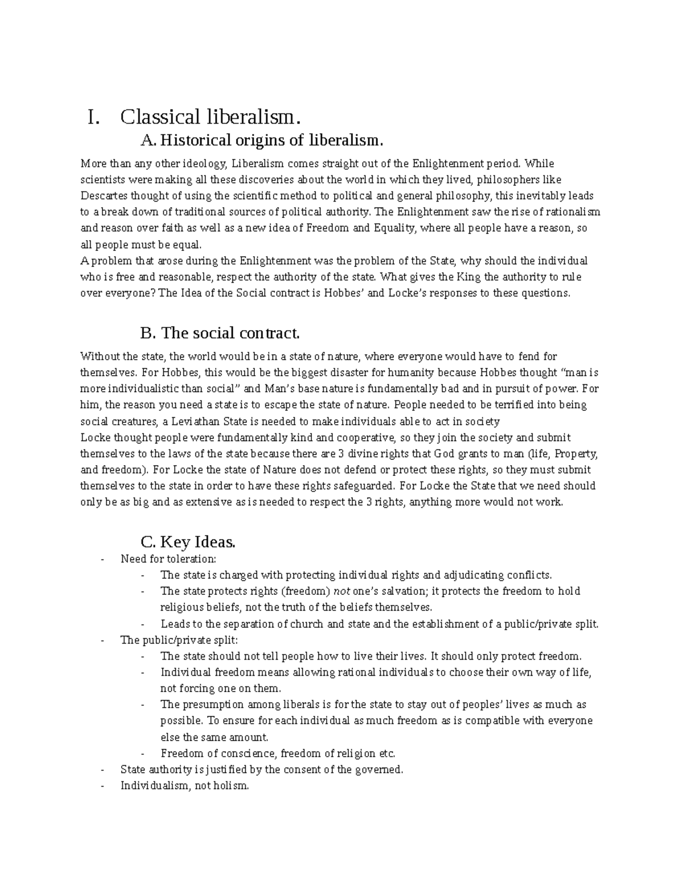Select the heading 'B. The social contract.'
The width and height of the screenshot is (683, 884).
click(219, 332)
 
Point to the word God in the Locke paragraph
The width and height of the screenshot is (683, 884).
click(445, 454)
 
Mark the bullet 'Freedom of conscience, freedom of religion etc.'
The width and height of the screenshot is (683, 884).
click(278, 753)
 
